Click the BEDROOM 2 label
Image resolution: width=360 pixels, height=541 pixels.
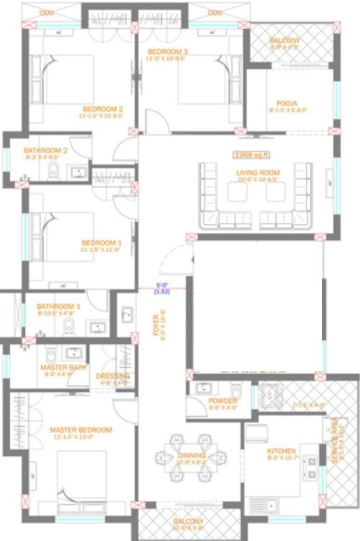103,109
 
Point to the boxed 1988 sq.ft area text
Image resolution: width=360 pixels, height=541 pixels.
251,155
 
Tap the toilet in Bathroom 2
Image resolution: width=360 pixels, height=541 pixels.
53,171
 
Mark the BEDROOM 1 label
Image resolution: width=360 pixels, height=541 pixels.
102,243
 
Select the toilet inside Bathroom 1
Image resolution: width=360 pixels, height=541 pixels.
69,327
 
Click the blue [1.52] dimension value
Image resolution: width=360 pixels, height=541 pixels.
161,291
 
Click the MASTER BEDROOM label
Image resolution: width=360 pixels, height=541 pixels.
81,429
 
